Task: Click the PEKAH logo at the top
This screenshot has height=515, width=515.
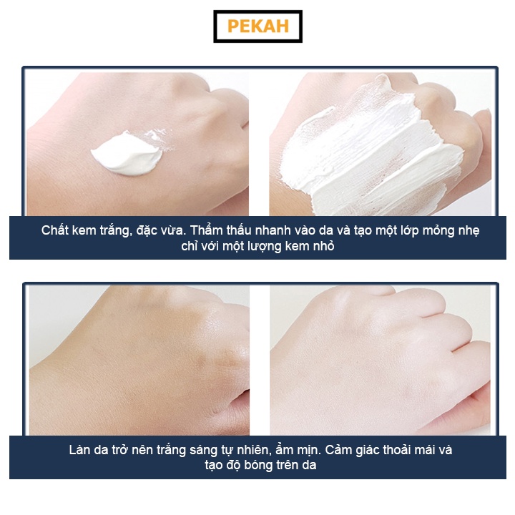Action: click(257, 26)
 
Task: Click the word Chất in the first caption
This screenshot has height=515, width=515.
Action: click(56, 230)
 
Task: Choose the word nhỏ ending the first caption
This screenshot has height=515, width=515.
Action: click(322, 247)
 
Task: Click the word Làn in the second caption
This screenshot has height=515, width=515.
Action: click(81, 451)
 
